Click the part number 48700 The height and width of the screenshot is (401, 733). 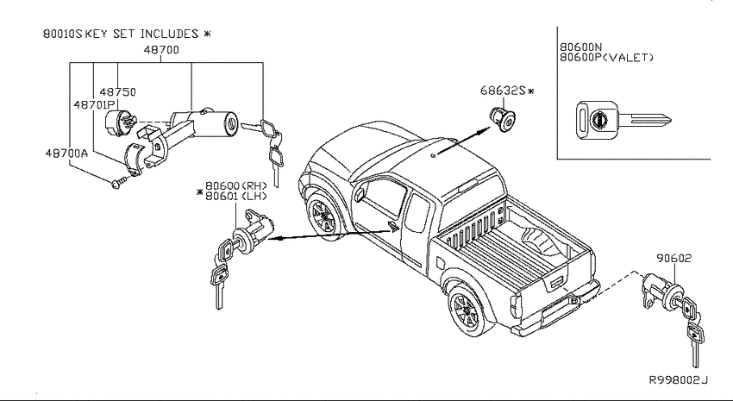[x=161, y=49]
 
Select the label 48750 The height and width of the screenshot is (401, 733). [x=117, y=91]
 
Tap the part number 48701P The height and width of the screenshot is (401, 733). [x=94, y=104]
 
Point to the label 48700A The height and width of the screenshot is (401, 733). [x=66, y=153]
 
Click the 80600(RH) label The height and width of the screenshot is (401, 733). [x=236, y=186]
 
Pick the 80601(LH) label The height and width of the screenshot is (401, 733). [x=236, y=197]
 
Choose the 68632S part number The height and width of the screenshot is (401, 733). [x=503, y=91]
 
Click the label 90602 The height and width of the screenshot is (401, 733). [x=673, y=258]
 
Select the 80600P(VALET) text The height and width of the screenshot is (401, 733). [x=607, y=58]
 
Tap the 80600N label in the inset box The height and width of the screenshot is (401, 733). [x=581, y=47]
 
